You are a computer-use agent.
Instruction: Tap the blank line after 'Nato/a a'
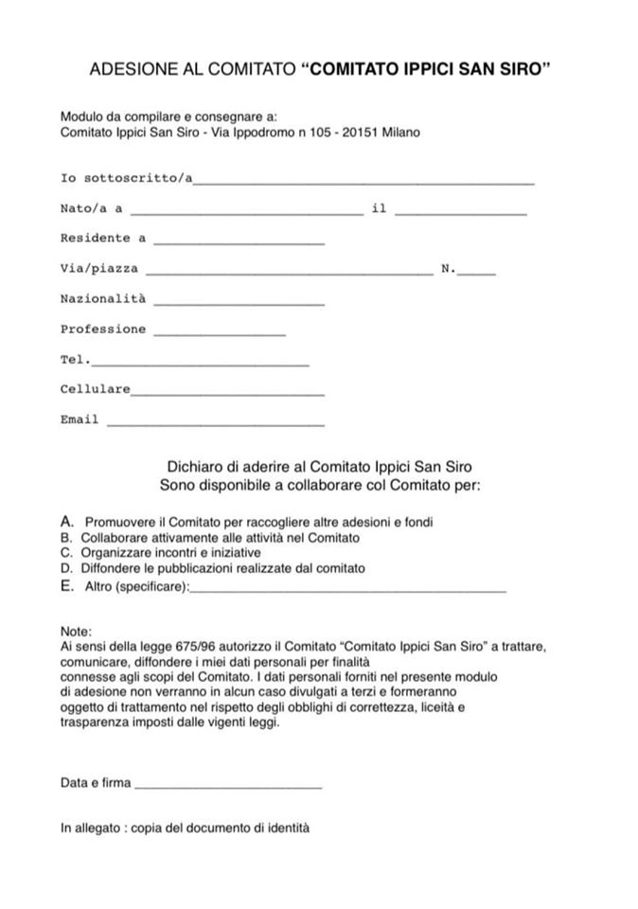pyautogui.click(x=249, y=214)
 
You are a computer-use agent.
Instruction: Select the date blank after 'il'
pyautogui.click(x=460, y=214)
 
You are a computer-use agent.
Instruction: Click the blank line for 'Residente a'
pyautogui.click(x=239, y=243)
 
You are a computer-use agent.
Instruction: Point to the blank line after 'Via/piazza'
pyautogui.click(x=290, y=274)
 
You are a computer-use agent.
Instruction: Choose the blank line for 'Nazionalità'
pyautogui.click(x=239, y=304)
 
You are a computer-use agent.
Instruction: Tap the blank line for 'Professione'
pyautogui.click(x=219, y=334)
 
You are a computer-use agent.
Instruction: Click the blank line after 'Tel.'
pyautogui.click(x=200, y=365)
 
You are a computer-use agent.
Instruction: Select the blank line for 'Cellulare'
pyautogui.click(x=227, y=394)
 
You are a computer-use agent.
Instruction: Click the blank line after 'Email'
pyautogui.click(x=216, y=424)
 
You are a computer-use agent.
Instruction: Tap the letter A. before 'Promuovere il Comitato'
pyautogui.click(x=66, y=522)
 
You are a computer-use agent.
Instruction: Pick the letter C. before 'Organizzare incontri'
pyautogui.click(x=66, y=552)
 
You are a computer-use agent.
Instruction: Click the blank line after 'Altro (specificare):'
pyautogui.click(x=347, y=591)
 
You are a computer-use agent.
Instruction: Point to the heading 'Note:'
pyautogui.click(x=76, y=631)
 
